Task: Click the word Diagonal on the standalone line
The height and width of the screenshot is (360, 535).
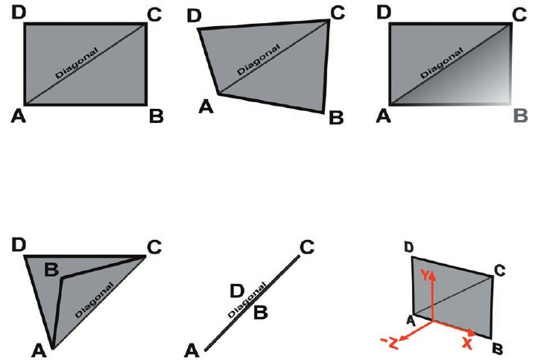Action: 244,302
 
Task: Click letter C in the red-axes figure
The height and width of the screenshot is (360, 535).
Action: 501,269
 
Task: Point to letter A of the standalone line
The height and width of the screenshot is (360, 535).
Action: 191,348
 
